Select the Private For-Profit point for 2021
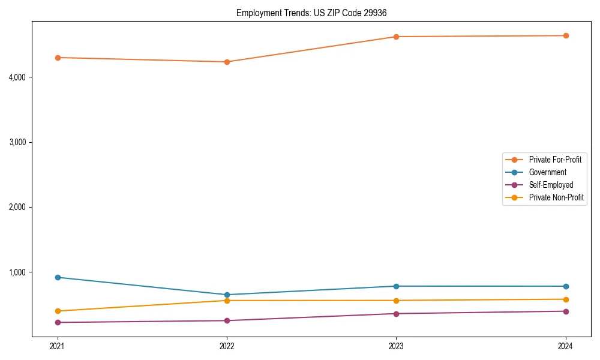[x=58, y=58]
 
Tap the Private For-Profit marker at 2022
[x=227, y=62]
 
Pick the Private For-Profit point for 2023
[x=396, y=37]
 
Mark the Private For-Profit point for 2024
[x=566, y=35]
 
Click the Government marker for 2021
[x=58, y=277]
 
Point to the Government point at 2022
[x=227, y=295]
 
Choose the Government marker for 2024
[x=566, y=286]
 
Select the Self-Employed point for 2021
[x=58, y=322]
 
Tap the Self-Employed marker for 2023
[x=396, y=314]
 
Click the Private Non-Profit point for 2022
[x=227, y=301]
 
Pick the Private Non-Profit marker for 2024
[x=566, y=299]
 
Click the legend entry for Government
[x=547, y=172]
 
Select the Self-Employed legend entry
[x=551, y=185]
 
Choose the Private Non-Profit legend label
[x=556, y=197]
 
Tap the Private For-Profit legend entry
[x=555, y=160]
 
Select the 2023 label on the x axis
[x=396, y=346]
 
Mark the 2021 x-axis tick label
[x=58, y=346]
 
